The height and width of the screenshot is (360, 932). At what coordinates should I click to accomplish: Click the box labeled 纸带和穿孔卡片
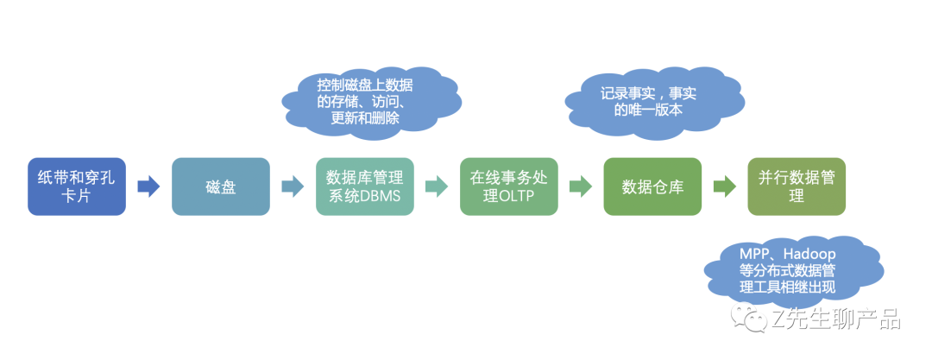coord(77,186)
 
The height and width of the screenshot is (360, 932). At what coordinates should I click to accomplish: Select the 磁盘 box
coord(221,186)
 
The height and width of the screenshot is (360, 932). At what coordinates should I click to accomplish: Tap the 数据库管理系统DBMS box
coord(364,186)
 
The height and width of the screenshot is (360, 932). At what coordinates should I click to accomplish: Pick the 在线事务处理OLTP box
coord(509,186)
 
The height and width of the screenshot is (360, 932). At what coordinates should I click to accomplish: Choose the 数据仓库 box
coord(652,186)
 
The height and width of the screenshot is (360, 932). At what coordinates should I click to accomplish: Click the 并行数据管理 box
coord(797,186)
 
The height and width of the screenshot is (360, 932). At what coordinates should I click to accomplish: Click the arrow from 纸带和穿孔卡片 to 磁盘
coord(148,186)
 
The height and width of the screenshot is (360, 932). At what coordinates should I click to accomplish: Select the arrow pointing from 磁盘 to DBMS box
coord(293,186)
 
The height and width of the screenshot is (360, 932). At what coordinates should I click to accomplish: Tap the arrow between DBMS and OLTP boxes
coord(437,186)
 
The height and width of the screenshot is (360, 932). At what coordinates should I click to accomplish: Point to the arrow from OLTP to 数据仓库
coord(581,186)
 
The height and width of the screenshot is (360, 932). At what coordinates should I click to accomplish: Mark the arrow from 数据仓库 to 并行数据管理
coord(725,186)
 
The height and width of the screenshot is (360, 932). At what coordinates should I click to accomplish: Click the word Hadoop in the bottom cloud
coord(810,256)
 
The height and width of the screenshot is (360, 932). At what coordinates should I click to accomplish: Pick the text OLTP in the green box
coord(516,196)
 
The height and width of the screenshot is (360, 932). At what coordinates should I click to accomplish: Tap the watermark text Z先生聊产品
coord(836,320)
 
